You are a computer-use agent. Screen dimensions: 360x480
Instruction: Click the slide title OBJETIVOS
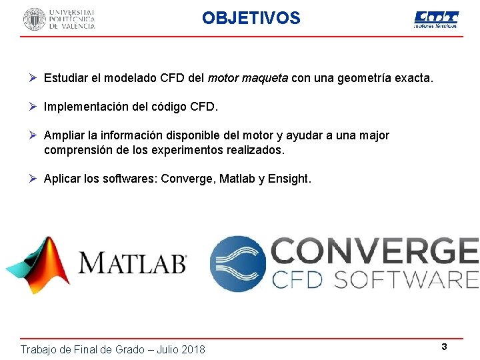[x=251, y=18]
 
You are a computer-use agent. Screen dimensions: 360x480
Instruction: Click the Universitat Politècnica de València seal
[x=35, y=19]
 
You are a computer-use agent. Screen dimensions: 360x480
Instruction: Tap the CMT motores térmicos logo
[x=436, y=19]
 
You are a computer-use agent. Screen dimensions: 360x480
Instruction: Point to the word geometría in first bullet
[x=365, y=79]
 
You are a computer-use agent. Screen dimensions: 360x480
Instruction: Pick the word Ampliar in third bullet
[x=64, y=135]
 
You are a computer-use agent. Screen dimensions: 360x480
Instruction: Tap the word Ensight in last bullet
[x=288, y=179]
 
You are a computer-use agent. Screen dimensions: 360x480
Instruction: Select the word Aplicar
[x=64, y=179]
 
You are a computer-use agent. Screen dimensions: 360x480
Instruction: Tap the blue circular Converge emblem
[x=237, y=263]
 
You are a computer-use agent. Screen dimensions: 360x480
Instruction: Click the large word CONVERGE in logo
[x=375, y=252]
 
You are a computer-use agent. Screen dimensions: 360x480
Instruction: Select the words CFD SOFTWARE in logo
[x=375, y=279]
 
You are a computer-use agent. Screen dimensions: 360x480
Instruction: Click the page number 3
[x=443, y=346]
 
